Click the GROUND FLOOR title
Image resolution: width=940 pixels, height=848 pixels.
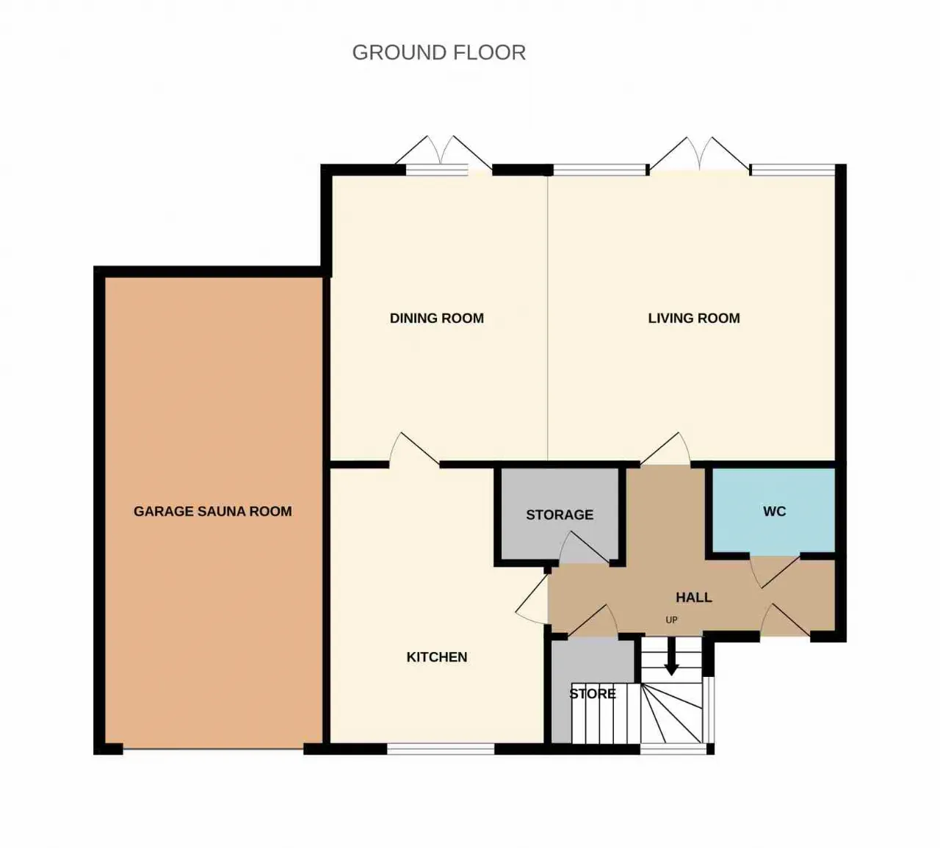[438, 52]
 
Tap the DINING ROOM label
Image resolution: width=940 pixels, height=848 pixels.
[437, 318]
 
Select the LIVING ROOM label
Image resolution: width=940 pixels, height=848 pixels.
[694, 318]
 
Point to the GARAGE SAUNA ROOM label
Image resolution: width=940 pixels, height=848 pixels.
[213, 511]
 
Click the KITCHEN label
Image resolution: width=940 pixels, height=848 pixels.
[437, 657]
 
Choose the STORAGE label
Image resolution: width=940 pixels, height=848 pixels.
[560, 515]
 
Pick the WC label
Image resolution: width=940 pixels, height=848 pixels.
[775, 511]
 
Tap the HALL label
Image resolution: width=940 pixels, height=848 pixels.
[694, 598]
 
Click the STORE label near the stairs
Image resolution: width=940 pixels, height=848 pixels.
[593, 693]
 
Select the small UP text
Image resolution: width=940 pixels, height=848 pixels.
[671, 620]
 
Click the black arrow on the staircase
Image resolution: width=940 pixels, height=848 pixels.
[671, 656]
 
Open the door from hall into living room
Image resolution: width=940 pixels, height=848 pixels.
[665, 449]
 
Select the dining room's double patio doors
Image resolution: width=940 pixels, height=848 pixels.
[444, 155]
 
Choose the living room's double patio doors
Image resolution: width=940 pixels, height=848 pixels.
[700, 155]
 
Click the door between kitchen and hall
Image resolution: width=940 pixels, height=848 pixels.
[532, 599]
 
